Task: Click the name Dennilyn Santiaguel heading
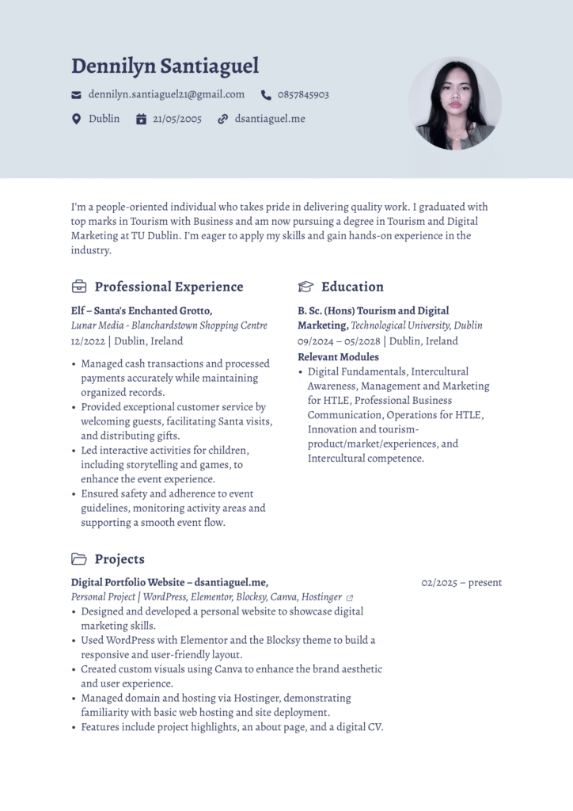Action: click(165, 67)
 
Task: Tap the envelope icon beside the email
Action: click(77, 95)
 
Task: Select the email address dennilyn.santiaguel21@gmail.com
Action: click(166, 94)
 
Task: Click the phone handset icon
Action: click(266, 95)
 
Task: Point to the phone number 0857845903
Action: click(303, 95)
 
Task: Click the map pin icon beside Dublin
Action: click(77, 119)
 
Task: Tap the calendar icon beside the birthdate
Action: click(141, 119)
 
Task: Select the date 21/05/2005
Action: click(177, 119)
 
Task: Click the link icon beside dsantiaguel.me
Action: click(222, 119)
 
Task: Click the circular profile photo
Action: click(455, 103)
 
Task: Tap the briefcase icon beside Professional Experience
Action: click(79, 287)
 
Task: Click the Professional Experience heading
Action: click(169, 287)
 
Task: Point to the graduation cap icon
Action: click(305, 287)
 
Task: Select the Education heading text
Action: click(352, 287)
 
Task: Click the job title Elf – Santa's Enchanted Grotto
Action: click(142, 310)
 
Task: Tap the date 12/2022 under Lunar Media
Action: click(88, 341)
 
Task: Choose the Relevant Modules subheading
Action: click(338, 357)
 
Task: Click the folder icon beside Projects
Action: click(79, 559)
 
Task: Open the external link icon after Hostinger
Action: click(350, 598)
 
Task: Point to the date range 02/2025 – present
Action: click(461, 583)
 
